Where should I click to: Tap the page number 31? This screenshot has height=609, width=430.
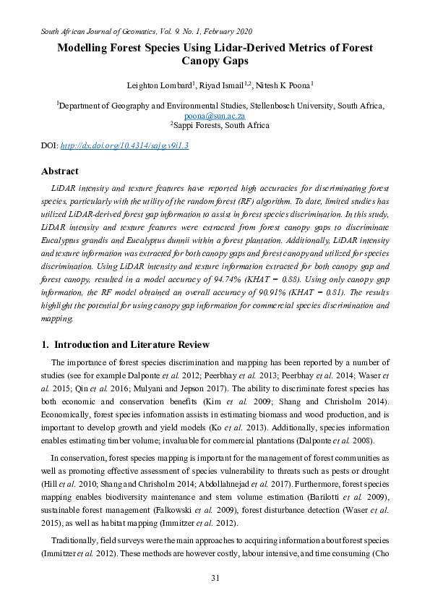click(215, 577)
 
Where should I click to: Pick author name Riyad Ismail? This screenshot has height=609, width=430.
click(209, 86)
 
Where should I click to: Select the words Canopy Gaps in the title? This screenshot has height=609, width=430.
click(215, 61)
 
